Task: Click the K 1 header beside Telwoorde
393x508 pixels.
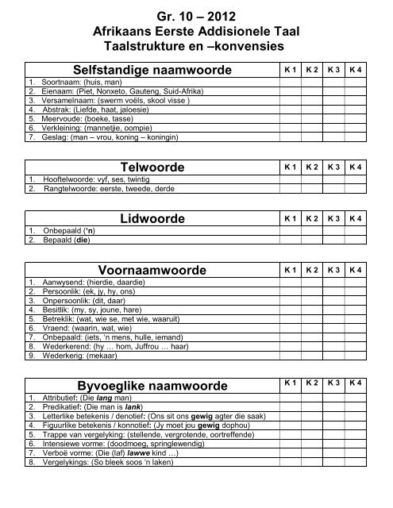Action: (291, 167)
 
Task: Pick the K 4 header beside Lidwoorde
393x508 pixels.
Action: (356, 218)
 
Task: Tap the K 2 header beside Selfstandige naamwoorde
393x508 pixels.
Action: (313, 71)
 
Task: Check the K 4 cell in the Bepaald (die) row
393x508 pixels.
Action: (356, 240)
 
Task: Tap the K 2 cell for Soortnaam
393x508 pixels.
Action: (313, 83)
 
